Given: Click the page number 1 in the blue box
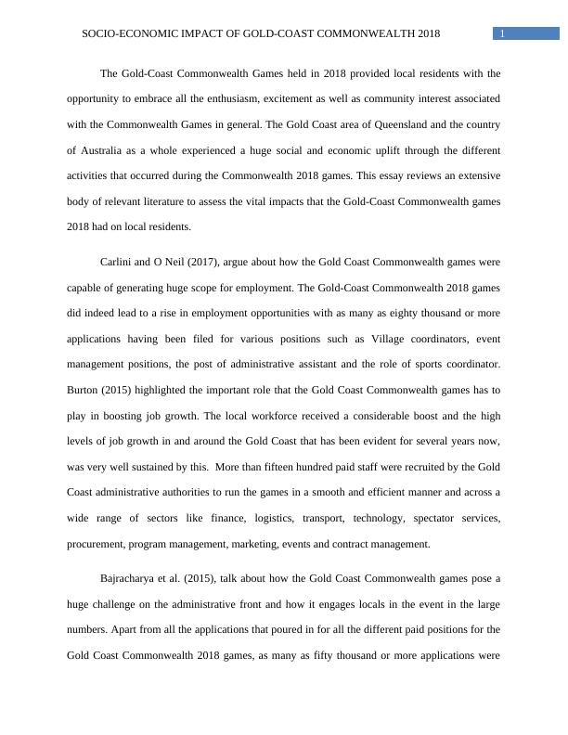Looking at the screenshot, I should click(x=502, y=34).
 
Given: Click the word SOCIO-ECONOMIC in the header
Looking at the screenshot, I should click(x=123, y=34).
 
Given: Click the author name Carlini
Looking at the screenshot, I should click(x=118, y=263).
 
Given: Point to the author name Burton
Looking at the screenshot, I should click(x=85, y=391).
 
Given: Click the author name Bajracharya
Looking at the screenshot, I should click(x=132, y=578).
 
